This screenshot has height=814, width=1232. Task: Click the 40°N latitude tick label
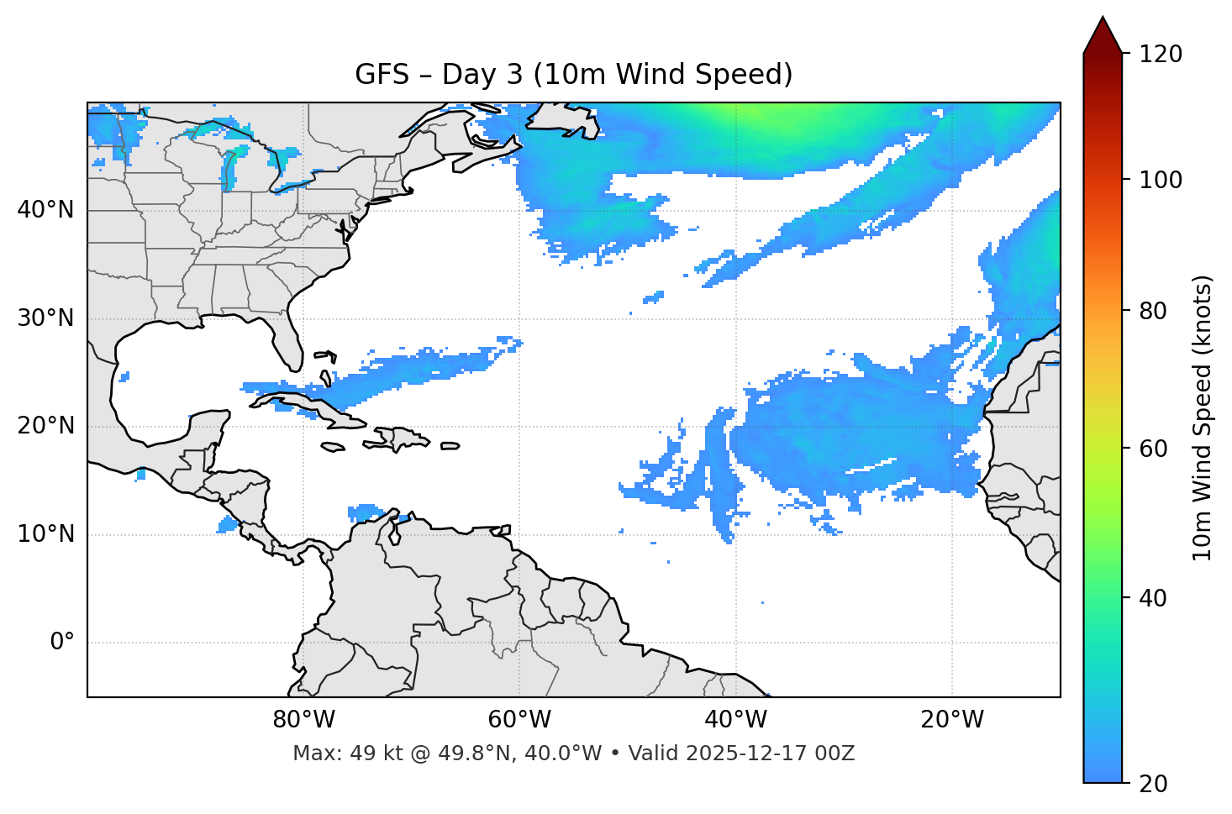coord(45,210)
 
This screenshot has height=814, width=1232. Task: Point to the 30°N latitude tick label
coord(45,318)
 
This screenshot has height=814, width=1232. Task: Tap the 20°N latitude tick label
coord(45,426)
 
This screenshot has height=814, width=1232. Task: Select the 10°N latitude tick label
coord(45,534)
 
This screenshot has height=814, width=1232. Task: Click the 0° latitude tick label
coord(61,643)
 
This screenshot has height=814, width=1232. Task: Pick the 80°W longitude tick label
coord(303,720)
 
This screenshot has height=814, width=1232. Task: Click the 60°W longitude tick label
coord(519,720)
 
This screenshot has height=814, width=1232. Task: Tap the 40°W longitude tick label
coord(735,720)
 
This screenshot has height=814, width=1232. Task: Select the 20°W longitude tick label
coord(952,720)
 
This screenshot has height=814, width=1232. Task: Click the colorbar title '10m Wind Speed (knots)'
coord(1203,418)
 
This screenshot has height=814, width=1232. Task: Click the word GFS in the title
coord(382,75)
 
